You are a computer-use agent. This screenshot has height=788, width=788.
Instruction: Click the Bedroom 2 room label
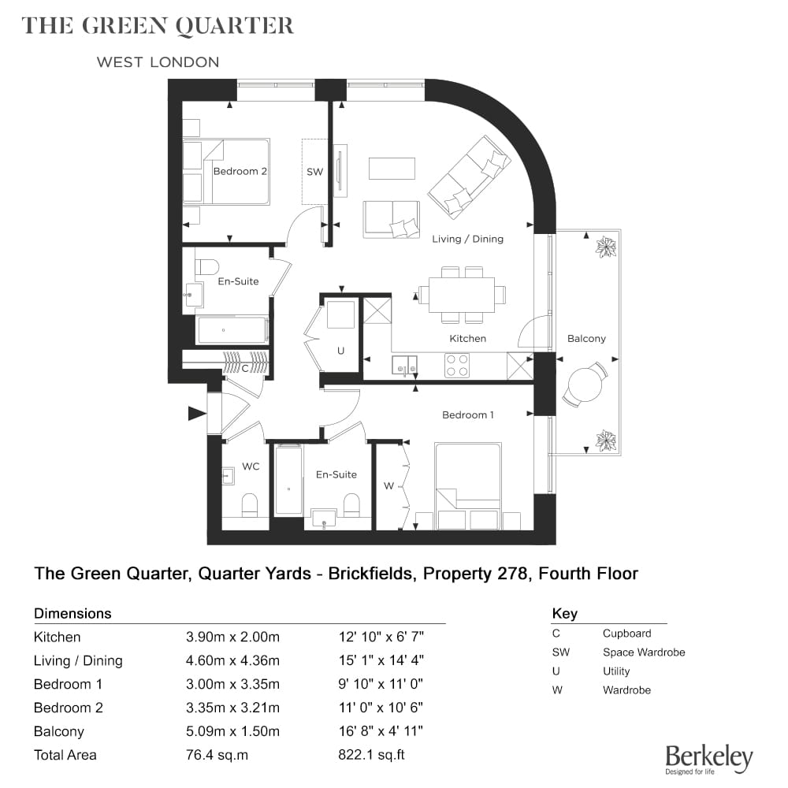tap(240, 171)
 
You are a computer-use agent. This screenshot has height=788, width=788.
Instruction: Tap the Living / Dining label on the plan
tap(467, 240)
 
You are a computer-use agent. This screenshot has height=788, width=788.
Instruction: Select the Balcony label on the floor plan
tap(586, 339)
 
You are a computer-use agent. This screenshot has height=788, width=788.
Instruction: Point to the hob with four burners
tap(457, 366)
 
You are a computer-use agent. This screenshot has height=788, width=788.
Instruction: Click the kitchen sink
tap(404, 366)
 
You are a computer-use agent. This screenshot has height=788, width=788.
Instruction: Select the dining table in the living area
tap(462, 295)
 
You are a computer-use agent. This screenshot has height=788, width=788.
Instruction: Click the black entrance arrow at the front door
tap(198, 414)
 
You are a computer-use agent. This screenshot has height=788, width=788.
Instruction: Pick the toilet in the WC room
tap(250, 504)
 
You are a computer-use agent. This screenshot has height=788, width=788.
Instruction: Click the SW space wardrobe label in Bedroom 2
tap(314, 172)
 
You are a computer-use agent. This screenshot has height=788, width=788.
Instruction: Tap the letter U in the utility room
tap(340, 351)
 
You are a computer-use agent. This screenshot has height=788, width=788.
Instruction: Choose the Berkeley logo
tap(709, 760)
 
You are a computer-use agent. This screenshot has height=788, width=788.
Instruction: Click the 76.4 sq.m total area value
tap(217, 756)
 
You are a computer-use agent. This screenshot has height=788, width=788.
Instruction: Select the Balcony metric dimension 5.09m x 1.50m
tap(232, 732)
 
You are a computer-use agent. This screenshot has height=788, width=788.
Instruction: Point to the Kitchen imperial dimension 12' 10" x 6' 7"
tap(381, 637)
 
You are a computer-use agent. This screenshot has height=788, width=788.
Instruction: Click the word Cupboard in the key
tap(626, 634)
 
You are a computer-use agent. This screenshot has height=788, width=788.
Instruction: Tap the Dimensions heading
tap(72, 614)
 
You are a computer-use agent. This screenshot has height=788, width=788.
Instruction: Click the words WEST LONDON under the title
tap(158, 62)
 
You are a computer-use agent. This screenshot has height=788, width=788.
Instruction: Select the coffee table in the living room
tap(392, 169)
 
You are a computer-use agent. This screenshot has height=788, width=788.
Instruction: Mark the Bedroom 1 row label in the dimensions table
tap(68, 685)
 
